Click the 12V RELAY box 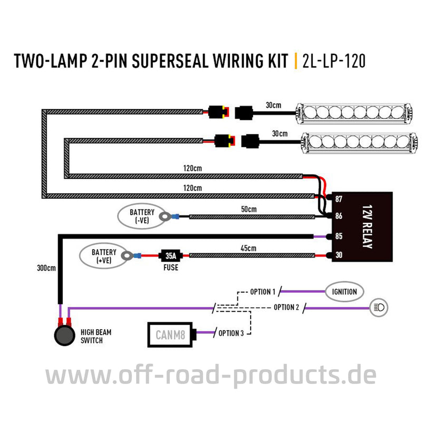click(365, 227)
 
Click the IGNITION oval click(344, 291)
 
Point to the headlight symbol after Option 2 click(380, 306)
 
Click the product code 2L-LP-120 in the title click(334, 61)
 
